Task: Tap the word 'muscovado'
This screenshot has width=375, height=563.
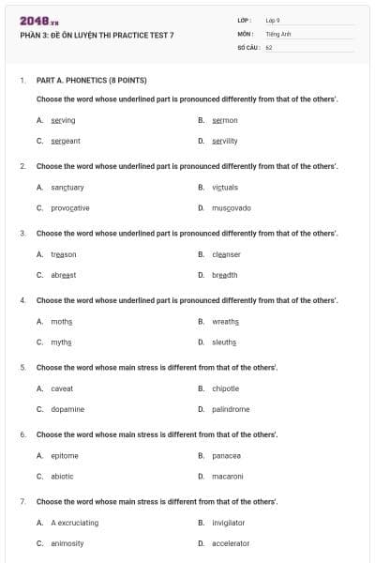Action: [232, 208]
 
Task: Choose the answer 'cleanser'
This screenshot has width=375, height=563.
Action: [227, 254]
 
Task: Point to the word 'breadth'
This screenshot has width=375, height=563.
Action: [225, 275]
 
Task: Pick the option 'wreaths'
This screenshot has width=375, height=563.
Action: [226, 321]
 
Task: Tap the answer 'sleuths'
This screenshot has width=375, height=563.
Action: [225, 342]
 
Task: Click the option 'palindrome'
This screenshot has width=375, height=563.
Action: [231, 409]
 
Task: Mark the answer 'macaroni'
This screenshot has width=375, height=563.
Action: [228, 477]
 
